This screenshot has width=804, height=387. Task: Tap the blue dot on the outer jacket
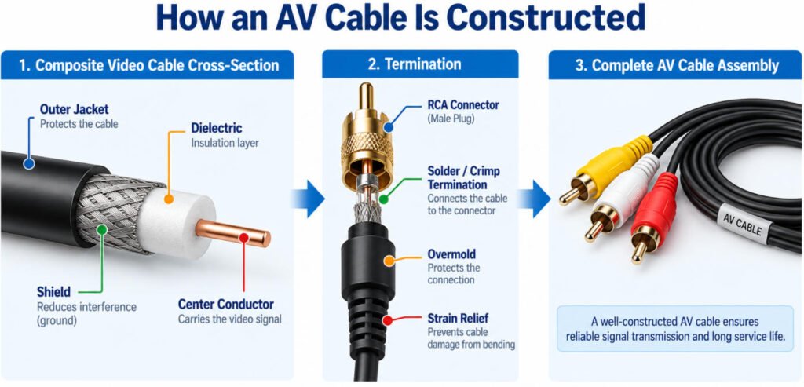29,164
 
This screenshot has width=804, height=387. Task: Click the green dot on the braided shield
102,230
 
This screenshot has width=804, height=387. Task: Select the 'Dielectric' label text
217,128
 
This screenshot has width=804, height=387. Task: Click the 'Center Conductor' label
225,304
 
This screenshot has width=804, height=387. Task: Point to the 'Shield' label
53,292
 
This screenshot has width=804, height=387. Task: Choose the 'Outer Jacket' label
75,109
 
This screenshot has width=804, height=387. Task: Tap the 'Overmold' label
451,254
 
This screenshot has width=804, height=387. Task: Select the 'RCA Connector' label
463,105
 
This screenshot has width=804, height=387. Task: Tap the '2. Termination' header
415,64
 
